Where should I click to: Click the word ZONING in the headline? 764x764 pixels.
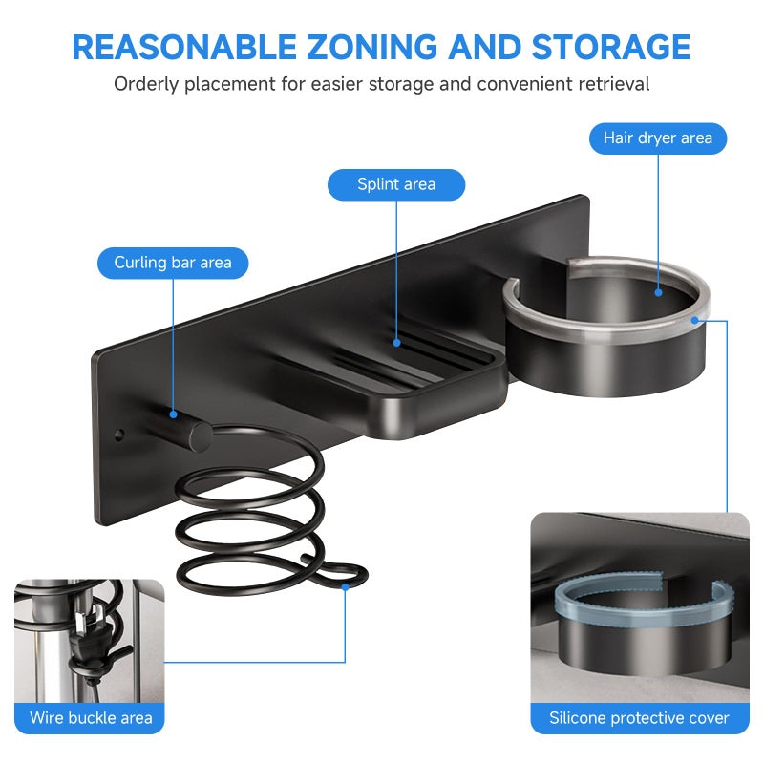(x=372, y=47)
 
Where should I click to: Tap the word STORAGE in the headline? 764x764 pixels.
(x=611, y=47)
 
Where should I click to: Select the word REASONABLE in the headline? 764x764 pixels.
(x=184, y=47)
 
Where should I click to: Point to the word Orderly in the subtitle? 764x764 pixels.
(x=146, y=84)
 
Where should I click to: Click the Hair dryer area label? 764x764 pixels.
(x=658, y=138)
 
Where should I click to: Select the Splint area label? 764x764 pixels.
(x=396, y=184)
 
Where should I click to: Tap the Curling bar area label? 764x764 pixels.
(x=173, y=264)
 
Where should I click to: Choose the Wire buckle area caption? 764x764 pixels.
(x=91, y=718)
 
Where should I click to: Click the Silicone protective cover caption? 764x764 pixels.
(x=639, y=718)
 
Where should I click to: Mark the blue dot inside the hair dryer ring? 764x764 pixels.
(x=658, y=293)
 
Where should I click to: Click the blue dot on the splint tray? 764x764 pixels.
(x=396, y=343)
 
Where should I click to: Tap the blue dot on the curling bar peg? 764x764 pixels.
(x=173, y=414)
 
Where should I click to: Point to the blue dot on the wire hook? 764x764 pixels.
(x=345, y=587)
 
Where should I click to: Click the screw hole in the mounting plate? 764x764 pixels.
(x=118, y=435)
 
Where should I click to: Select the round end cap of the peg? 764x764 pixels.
(x=201, y=436)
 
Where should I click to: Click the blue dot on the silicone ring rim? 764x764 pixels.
(x=695, y=320)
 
